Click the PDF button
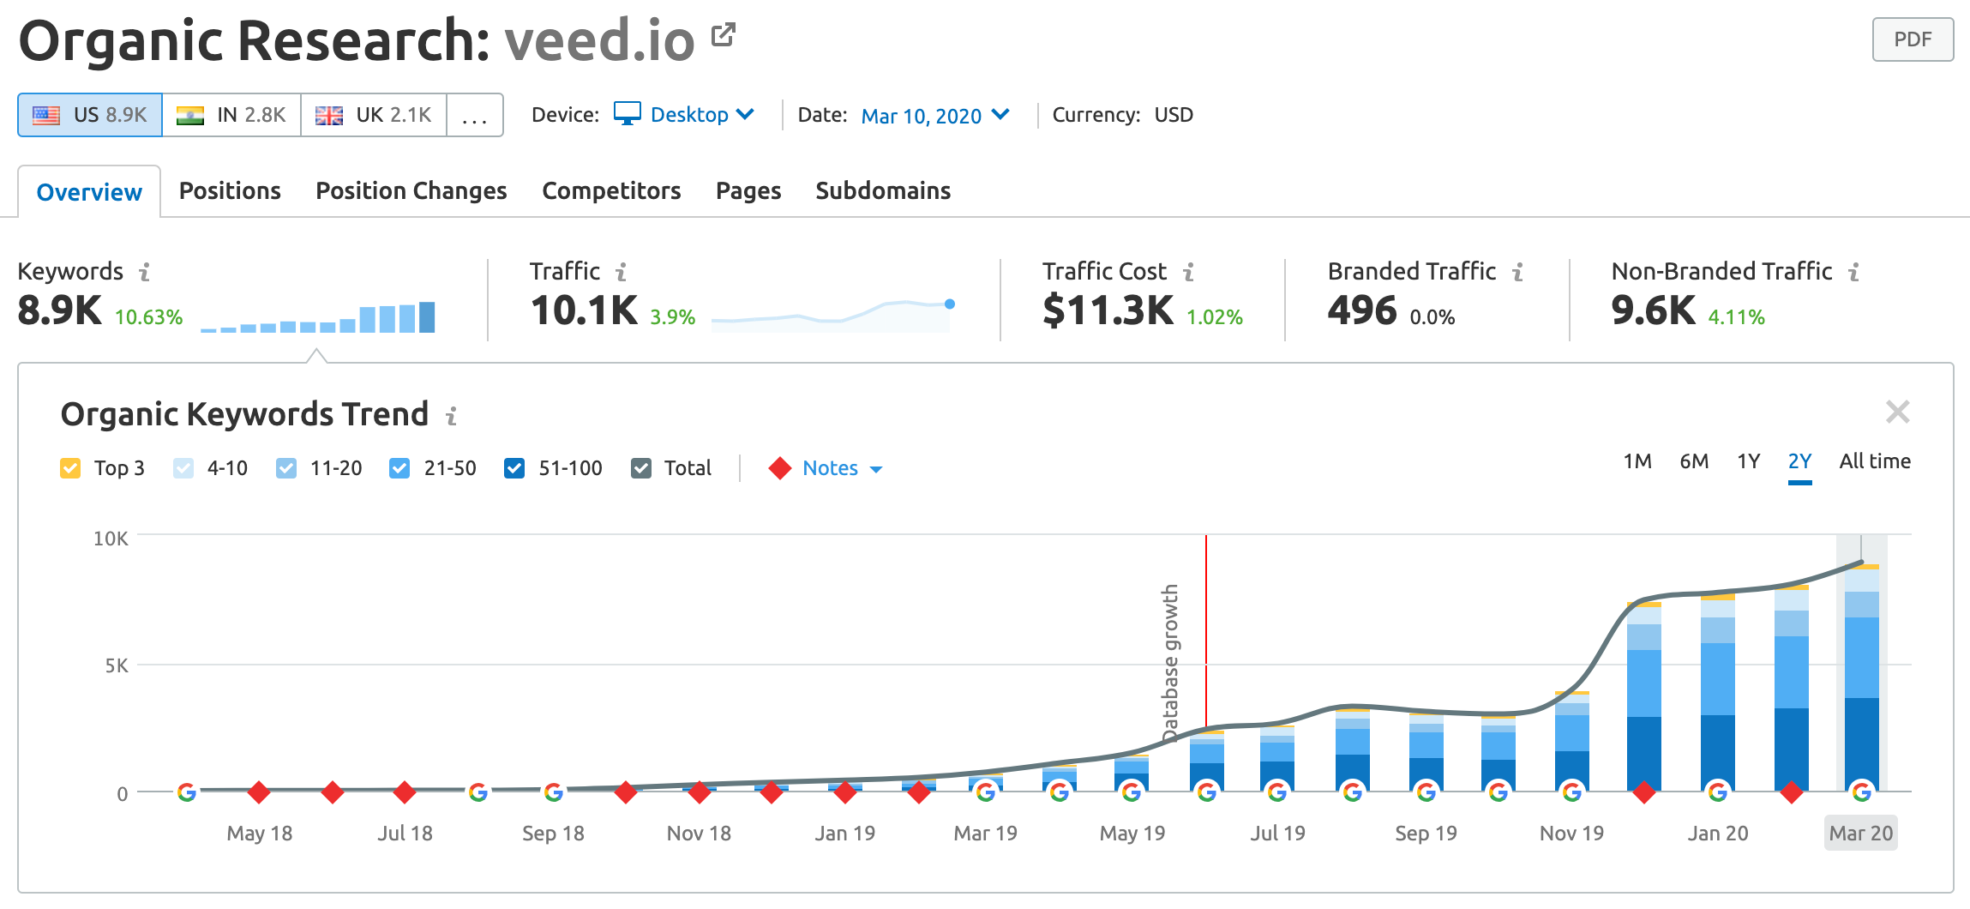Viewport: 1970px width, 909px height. click(1912, 39)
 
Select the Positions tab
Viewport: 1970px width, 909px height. click(230, 190)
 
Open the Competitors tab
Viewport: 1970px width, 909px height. click(611, 190)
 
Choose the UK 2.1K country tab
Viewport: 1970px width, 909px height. click(374, 115)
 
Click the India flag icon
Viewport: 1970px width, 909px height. click(190, 115)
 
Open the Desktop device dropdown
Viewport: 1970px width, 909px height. click(685, 115)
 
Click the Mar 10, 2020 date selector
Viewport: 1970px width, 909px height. click(935, 116)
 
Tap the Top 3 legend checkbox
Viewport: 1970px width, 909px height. click(70, 468)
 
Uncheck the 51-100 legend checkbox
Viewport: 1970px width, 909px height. click(514, 468)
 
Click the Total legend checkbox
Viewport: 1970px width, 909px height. click(641, 468)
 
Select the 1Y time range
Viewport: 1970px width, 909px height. click(1748, 461)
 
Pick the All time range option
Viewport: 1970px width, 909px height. click(1874, 461)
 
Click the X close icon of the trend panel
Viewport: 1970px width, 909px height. click(1897, 412)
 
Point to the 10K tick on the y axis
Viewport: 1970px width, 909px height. click(111, 539)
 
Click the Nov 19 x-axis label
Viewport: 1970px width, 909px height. click(1571, 834)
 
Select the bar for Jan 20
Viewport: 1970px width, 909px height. click(1717, 695)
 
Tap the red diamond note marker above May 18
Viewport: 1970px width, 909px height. click(259, 792)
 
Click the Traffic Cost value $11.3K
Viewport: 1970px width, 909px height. click(1107, 310)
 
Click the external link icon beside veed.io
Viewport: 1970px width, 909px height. click(724, 35)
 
